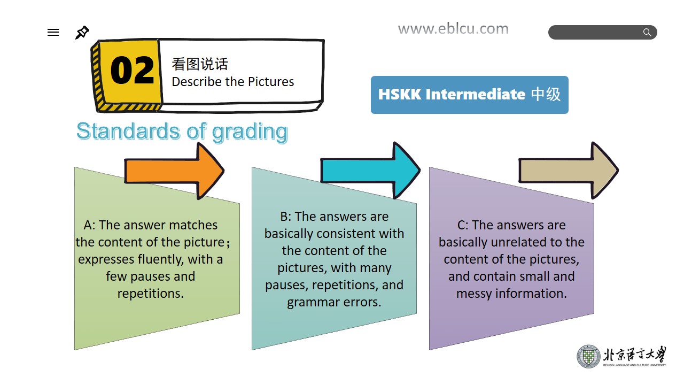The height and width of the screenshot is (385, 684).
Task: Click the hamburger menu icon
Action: pos(53,33)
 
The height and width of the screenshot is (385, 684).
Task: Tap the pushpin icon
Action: pos(82,33)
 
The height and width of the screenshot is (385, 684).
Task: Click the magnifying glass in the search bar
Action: pos(647,32)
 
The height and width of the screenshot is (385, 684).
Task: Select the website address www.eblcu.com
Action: pos(453,29)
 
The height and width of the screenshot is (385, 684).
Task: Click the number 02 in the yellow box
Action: pos(132,70)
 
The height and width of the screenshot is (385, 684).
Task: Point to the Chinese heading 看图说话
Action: pos(200,64)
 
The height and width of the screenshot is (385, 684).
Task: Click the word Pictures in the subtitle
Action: pos(271,82)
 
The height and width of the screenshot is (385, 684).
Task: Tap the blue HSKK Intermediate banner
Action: pos(469,95)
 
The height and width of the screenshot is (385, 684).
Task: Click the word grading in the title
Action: pos(250,132)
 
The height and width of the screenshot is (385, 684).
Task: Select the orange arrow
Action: pos(174,171)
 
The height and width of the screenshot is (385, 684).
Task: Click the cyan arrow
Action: pos(370,171)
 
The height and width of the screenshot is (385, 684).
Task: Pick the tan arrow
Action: pos(569,171)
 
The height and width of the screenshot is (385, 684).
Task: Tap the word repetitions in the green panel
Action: pos(150,294)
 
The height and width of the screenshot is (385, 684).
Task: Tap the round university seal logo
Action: pos(588,357)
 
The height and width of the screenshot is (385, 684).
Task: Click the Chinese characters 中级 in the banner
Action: pos(546,94)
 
